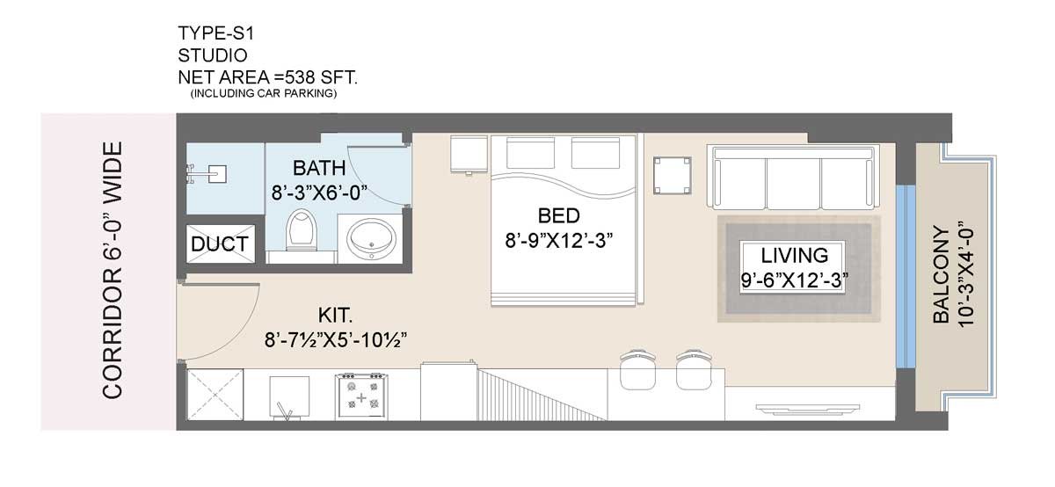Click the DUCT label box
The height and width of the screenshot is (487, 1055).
pos(221,243)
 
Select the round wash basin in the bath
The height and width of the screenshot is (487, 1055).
pos(371,238)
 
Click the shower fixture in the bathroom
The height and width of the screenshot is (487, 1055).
pos(207,174)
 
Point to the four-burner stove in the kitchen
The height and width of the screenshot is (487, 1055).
pos(361,396)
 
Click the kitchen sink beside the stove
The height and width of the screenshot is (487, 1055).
pos(289,397)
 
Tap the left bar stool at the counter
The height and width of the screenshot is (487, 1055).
pos(637,370)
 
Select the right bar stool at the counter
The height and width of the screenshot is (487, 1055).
pos(694,370)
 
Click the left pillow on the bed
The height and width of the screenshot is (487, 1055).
pos(530,152)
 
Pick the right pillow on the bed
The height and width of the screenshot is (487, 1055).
pos(595,152)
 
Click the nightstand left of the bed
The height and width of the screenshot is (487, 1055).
pos(469,155)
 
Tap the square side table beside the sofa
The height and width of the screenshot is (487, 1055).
pos(672,176)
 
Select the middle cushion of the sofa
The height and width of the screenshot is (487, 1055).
pos(794,183)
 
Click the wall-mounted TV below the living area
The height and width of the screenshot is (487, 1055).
pos(807,408)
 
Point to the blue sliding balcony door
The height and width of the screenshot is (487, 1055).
pos(906,276)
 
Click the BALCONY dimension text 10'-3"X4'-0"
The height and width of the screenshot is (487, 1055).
pos(965,274)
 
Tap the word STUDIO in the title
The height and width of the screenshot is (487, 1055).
pos(213,55)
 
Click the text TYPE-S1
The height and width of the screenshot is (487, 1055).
pos(216,33)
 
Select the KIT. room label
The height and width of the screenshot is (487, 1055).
pos(335,315)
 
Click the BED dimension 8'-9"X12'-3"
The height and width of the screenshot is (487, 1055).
pos(558,241)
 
